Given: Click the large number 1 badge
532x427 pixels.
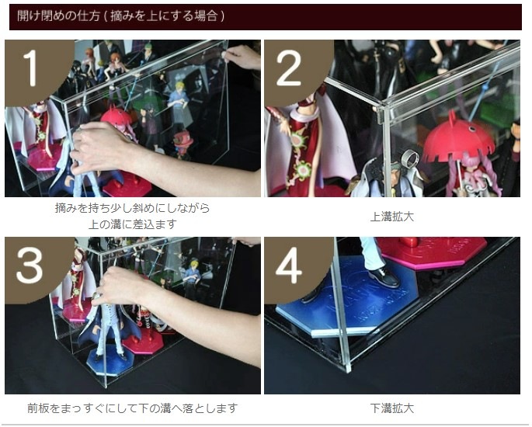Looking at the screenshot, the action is coord(33,68).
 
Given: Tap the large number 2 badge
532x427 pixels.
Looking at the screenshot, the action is coord(289,68).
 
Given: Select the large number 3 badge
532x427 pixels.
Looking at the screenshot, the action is coord(30,265).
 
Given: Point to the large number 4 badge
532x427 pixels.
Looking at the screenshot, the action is coord(289,266).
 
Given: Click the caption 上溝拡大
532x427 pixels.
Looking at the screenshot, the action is coord(392,217).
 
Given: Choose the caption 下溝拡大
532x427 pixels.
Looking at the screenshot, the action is coord(392,408).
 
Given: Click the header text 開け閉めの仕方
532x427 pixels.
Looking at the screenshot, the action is coord(58,16).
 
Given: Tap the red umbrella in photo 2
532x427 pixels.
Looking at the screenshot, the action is coord(457,137).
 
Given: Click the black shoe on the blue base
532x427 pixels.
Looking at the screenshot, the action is coord(384,276).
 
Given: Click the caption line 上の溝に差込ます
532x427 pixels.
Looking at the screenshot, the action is coord(133,224).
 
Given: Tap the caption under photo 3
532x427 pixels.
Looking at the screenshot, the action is coord(133,408).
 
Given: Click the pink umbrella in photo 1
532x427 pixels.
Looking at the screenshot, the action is coord(116,117).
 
